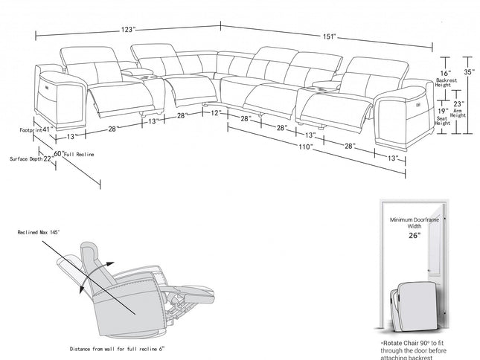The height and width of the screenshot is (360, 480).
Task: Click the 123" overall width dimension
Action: [129, 30]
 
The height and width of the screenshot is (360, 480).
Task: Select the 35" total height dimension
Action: [467, 73]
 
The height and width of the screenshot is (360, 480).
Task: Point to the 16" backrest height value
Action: [444, 74]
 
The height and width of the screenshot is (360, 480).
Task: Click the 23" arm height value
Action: [458, 104]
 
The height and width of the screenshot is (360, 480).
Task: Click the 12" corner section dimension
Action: [215, 113]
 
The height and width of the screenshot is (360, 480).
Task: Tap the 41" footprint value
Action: [46, 129]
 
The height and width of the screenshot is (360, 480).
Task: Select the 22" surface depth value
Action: [47, 158]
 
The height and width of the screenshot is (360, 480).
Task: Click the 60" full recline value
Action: [57, 153]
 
